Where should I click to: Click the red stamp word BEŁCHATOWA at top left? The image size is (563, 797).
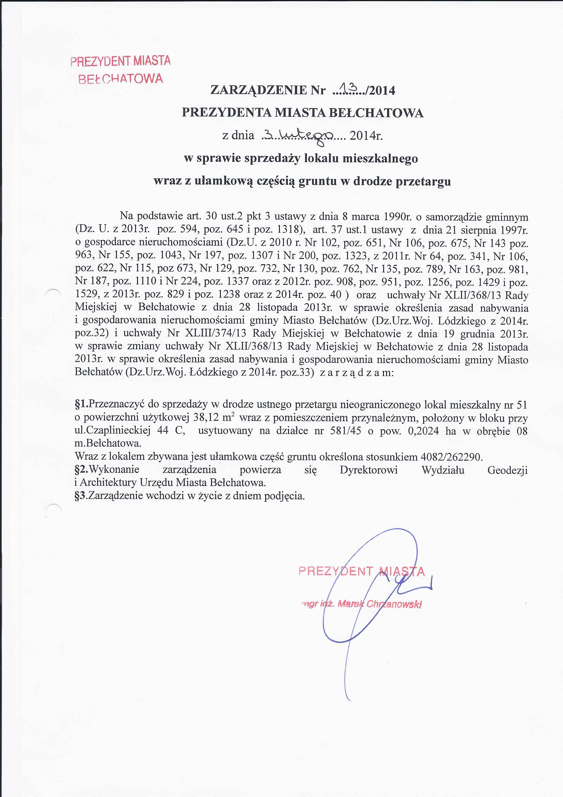[x=120, y=79]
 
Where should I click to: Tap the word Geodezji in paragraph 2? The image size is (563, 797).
[x=507, y=470]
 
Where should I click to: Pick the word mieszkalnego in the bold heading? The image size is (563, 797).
[x=380, y=159]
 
